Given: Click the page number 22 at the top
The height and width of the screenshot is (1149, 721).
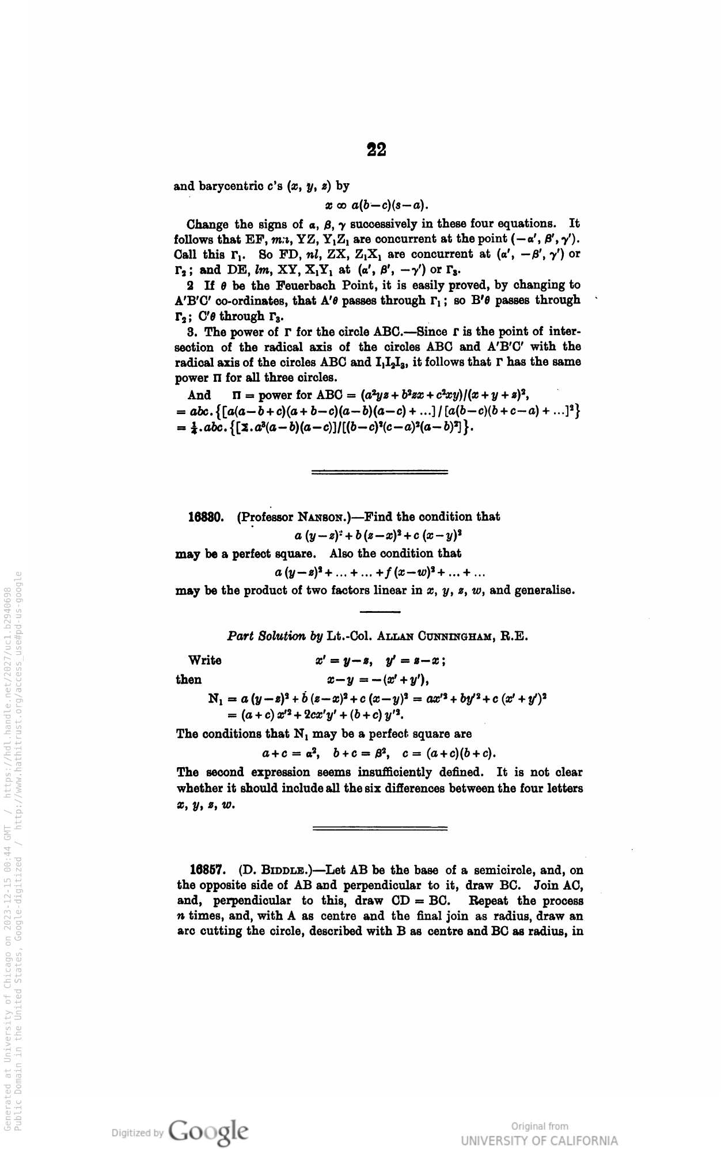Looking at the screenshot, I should point(377,150).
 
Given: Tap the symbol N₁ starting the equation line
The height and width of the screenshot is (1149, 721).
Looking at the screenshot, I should point(216,699).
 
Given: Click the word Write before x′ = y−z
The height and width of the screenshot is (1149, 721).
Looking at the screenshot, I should point(204,660).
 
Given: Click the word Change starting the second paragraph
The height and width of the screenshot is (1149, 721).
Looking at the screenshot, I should point(207,223).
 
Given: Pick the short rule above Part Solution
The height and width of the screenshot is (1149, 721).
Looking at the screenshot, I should point(380,611).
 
